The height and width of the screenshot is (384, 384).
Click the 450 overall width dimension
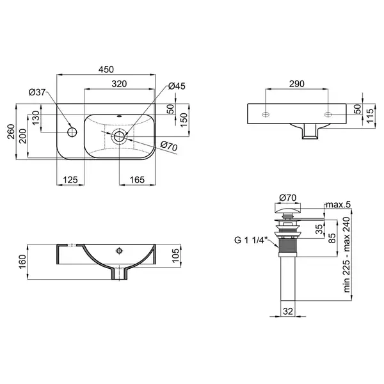(x=106, y=70)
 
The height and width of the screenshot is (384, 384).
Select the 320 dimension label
(x=119, y=84)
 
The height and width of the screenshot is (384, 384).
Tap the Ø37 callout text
(x=37, y=92)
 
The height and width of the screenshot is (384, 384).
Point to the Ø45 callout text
(x=177, y=86)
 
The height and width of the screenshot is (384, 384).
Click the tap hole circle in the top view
(x=72, y=132)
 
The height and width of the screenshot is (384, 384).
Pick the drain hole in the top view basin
(x=119, y=136)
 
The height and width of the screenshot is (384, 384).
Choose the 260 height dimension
(x=11, y=132)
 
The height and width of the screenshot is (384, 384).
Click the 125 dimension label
(x=70, y=180)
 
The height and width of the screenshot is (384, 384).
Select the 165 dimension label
(x=137, y=180)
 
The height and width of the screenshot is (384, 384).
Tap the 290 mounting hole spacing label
(x=297, y=84)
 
